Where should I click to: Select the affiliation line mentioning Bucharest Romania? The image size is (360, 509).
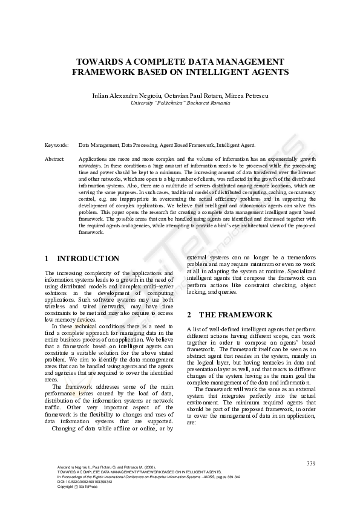180,103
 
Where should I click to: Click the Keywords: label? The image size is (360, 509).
57,145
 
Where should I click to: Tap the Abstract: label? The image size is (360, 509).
55,158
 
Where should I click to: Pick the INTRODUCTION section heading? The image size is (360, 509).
88,258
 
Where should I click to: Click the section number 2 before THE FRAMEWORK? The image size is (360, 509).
189,315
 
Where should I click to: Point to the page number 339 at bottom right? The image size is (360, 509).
311,463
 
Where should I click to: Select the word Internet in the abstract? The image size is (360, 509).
308,172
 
